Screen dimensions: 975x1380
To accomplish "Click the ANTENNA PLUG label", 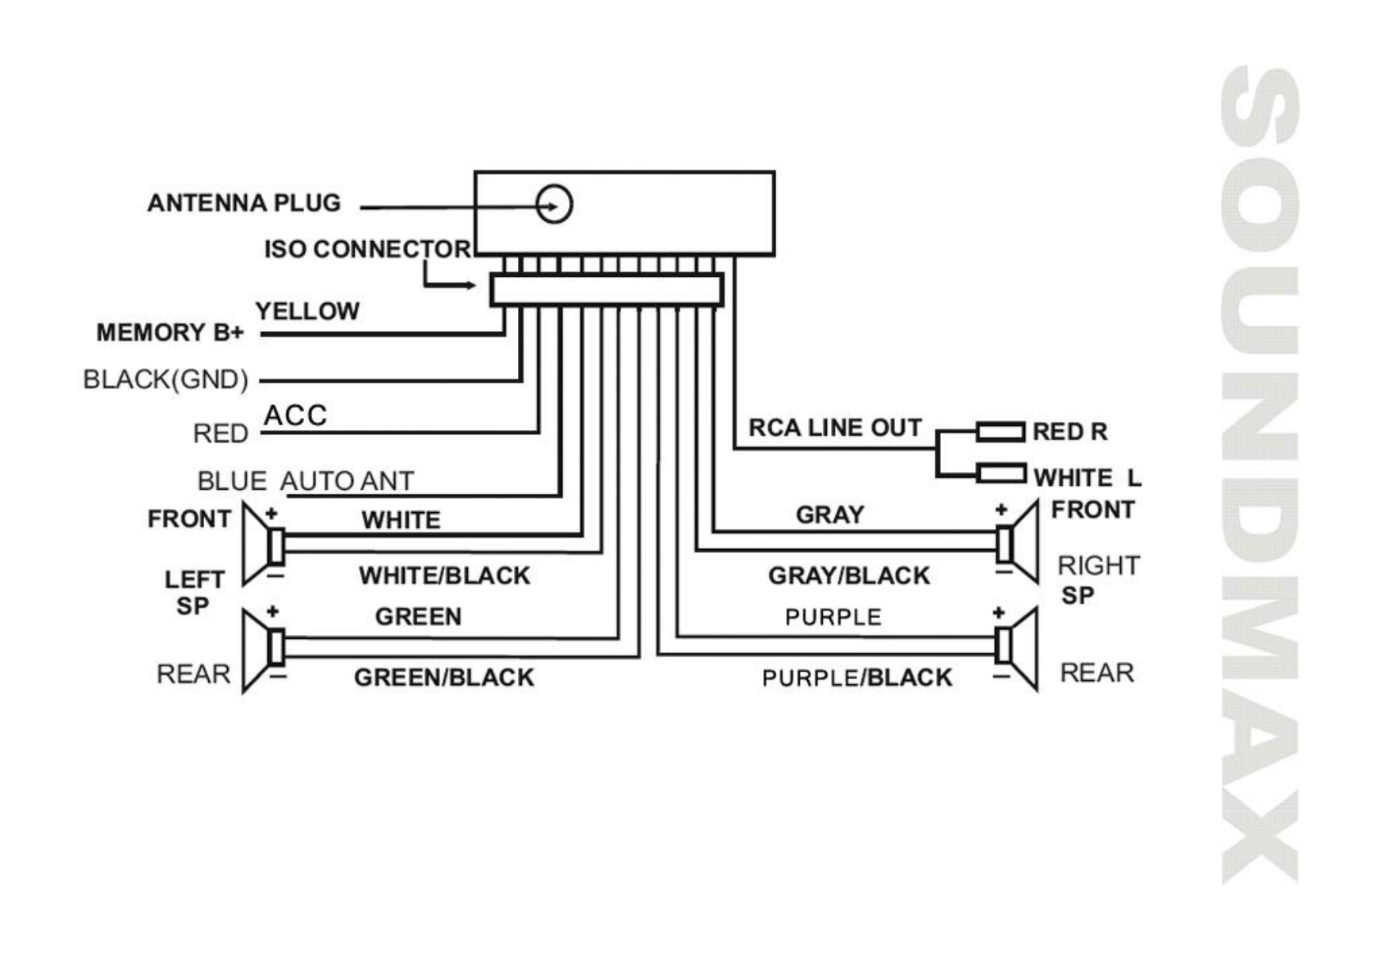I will (x=243, y=203).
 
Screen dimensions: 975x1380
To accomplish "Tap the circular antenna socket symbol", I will (x=554, y=204).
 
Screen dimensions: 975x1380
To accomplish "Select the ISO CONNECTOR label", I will (x=367, y=249).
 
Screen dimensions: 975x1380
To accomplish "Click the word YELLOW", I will (x=307, y=311).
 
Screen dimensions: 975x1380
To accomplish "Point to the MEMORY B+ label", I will (x=170, y=333).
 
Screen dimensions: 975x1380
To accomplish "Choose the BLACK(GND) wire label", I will (x=166, y=379).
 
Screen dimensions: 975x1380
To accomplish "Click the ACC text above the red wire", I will (x=295, y=415).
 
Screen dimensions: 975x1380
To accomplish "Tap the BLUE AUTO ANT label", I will (x=306, y=481).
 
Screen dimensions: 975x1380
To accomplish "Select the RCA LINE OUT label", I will (x=835, y=428).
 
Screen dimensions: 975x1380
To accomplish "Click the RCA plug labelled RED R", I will (x=1000, y=432).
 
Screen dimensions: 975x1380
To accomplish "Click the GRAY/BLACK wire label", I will (x=849, y=576).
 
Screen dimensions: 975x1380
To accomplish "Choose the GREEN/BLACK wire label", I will (x=443, y=678).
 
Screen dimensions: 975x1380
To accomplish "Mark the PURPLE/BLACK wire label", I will (x=857, y=678).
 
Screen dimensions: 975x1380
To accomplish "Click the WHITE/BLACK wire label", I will (x=444, y=576).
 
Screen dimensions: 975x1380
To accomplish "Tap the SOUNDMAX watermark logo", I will (x=1260, y=475).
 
